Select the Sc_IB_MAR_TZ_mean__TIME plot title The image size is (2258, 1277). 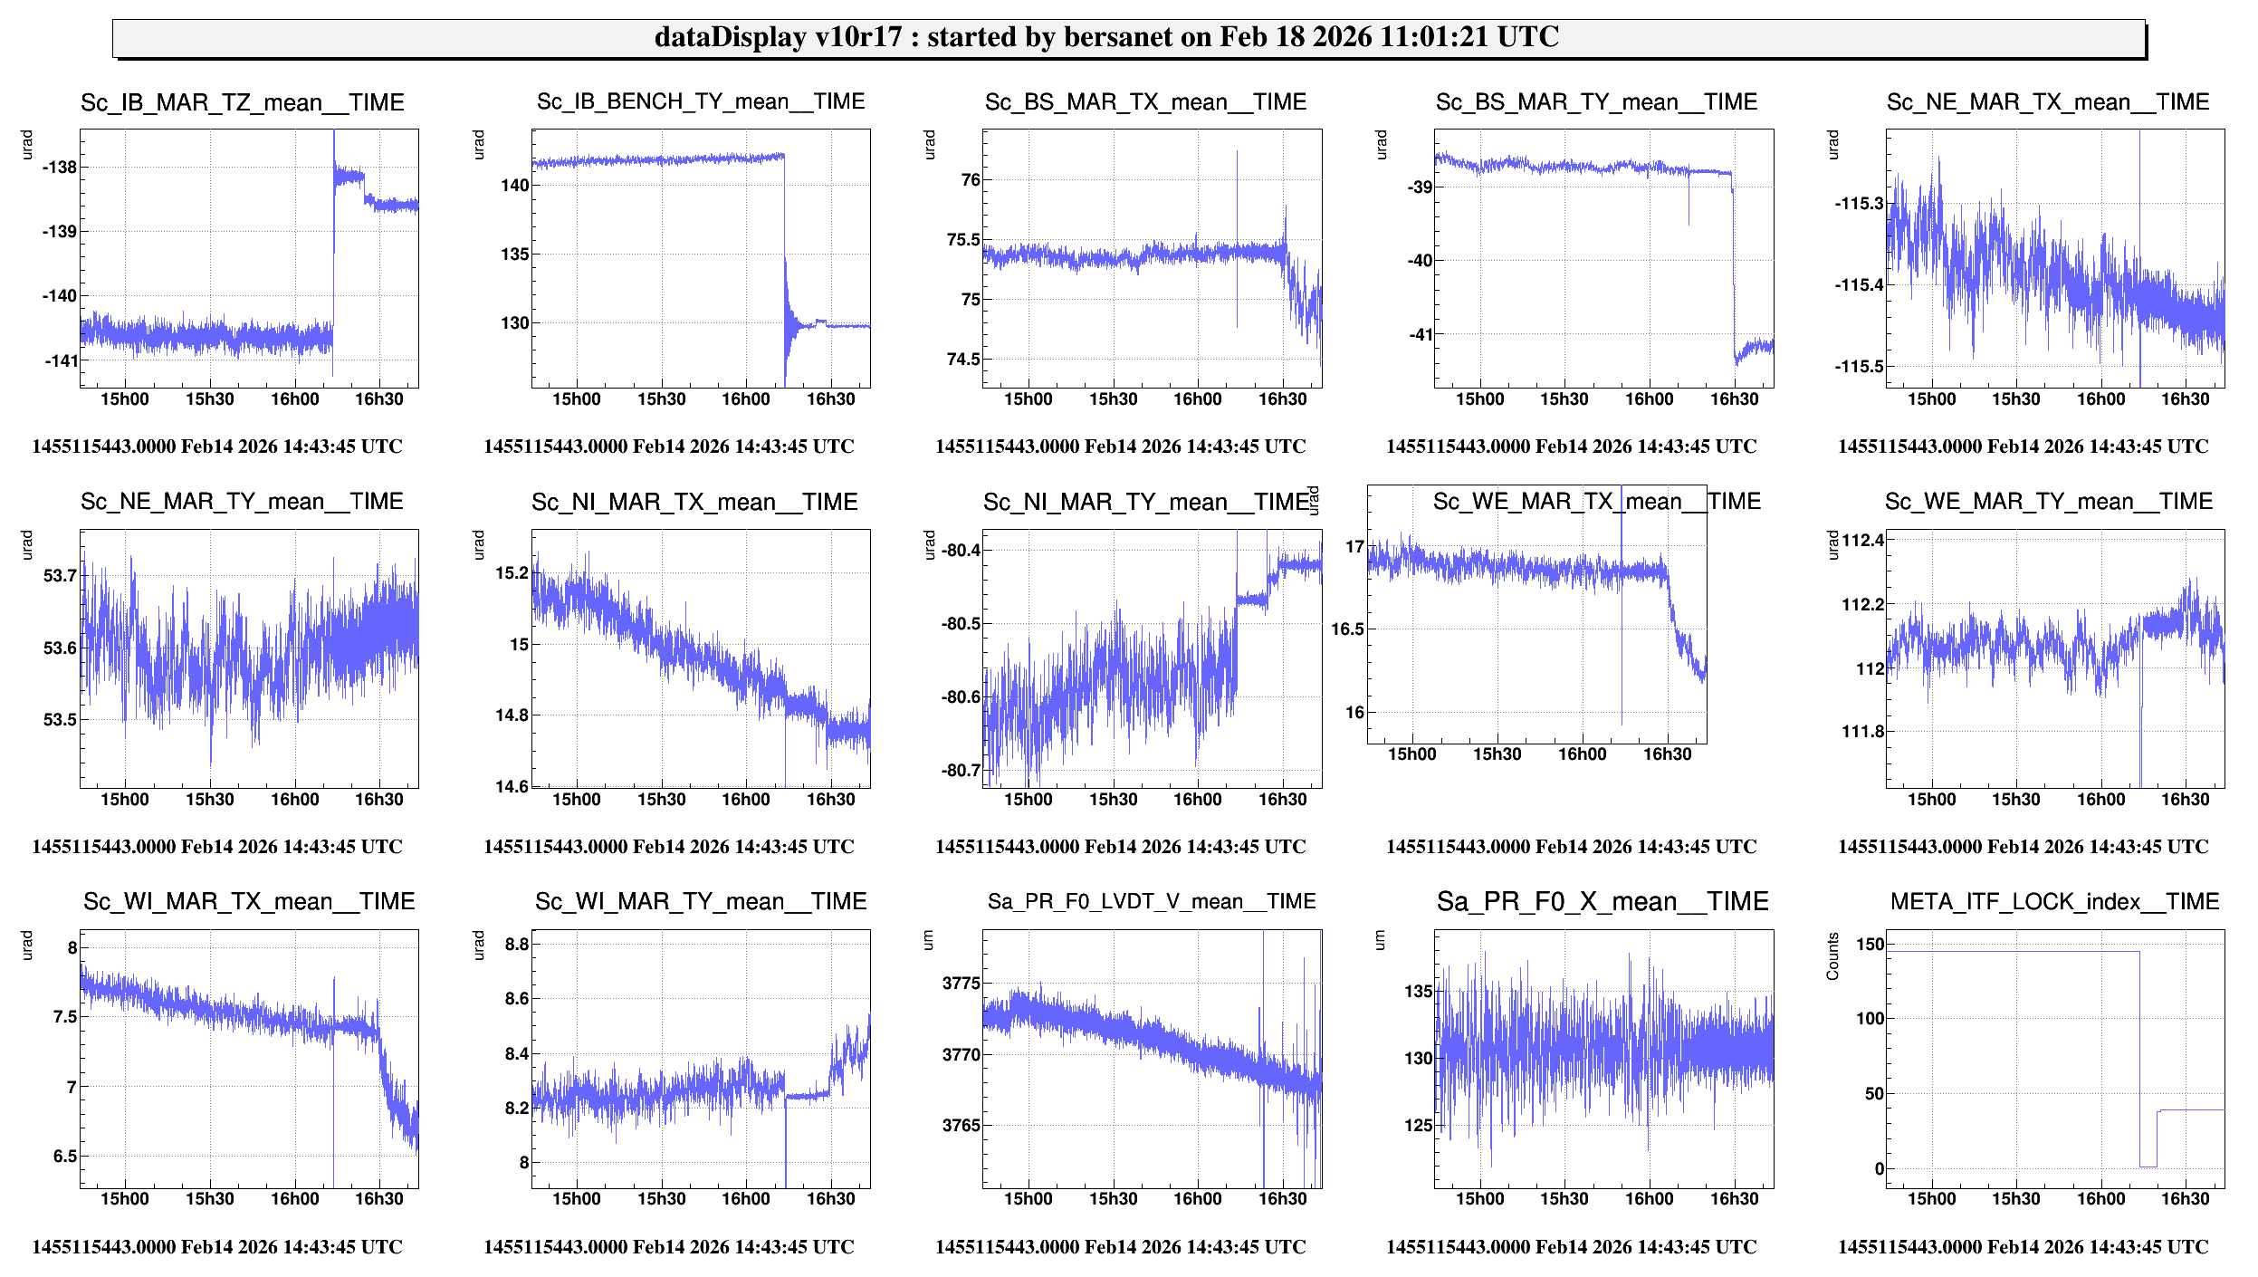pyautogui.click(x=242, y=102)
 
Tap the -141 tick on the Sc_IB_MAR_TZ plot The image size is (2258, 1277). pyautogui.click(x=62, y=360)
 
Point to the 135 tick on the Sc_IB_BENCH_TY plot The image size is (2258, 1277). pyautogui.click(x=514, y=254)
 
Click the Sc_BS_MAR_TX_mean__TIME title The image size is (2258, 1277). pyautogui.click(x=1145, y=102)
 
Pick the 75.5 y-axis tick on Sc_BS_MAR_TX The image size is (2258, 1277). pyautogui.click(x=963, y=240)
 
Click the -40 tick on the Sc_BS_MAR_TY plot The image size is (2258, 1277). pyautogui.click(x=1420, y=261)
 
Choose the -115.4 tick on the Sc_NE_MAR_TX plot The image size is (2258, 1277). pyautogui.click(x=1859, y=285)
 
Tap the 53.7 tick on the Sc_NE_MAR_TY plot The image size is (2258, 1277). pyautogui.click(x=61, y=576)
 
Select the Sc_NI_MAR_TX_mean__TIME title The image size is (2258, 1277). pyautogui.click(x=694, y=503)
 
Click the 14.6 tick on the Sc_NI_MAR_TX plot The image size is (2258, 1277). pyautogui.click(x=512, y=786)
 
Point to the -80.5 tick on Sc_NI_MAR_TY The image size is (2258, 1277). pyautogui.click(x=960, y=624)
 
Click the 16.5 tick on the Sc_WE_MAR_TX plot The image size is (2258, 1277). pyautogui.click(x=1348, y=629)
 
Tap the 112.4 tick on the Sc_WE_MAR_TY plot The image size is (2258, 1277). pyautogui.click(x=1862, y=541)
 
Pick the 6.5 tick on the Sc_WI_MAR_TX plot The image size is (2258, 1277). pyautogui.click(x=65, y=1157)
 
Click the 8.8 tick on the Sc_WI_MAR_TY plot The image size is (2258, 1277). pyautogui.click(x=516, y=945)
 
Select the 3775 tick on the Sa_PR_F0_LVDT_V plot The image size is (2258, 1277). pyautogui.click(x=961, y=984)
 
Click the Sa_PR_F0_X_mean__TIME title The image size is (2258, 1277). pyautogui.click(x=1603, y=902)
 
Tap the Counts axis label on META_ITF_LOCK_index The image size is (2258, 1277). pyautogui.click(x=1833, y=956)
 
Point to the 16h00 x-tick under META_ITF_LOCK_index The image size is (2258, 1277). pyautogui.click(x=2100, y=1199)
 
